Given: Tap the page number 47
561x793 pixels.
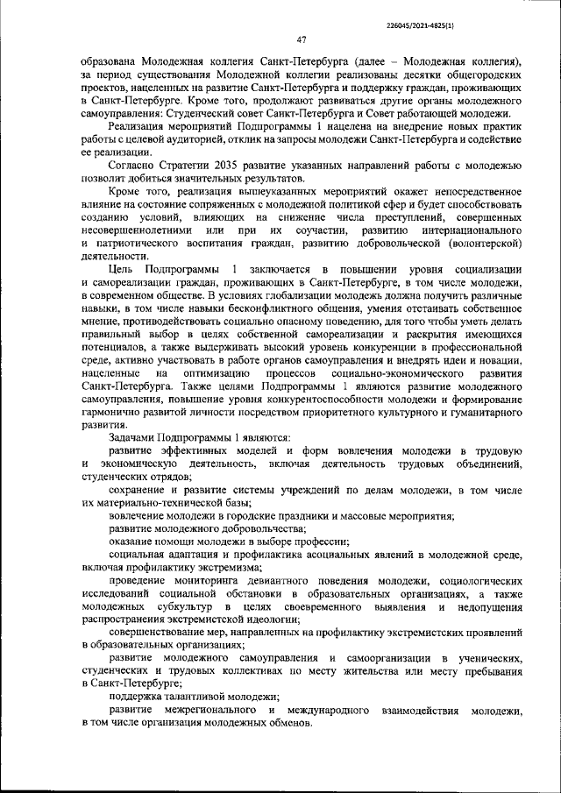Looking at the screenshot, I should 301,39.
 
